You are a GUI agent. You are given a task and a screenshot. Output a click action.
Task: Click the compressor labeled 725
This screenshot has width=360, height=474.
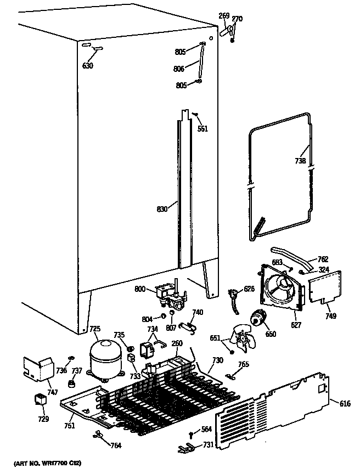105,357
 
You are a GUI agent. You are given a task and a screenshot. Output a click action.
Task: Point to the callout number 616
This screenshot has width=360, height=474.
345,404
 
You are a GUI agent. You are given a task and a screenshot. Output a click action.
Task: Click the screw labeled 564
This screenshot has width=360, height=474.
191,435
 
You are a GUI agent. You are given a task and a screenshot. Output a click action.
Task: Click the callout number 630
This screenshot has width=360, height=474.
87,66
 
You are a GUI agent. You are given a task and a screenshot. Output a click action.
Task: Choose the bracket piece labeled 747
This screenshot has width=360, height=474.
37,369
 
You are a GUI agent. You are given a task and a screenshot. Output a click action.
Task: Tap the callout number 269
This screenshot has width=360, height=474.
224,16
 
